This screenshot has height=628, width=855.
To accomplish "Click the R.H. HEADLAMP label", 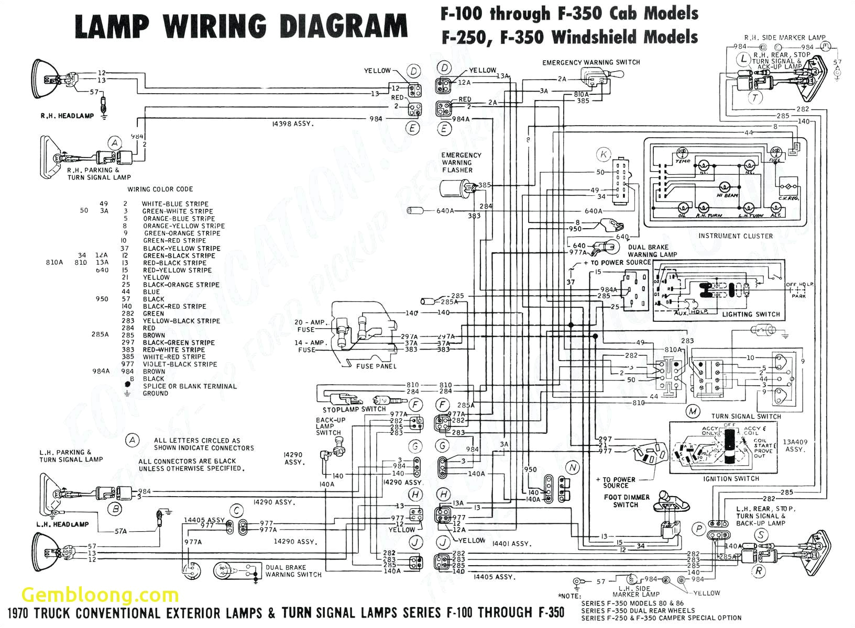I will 67,116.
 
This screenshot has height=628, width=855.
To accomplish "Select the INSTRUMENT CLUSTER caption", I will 735,236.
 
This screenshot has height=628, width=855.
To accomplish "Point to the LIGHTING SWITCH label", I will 751,315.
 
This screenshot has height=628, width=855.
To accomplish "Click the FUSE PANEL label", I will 376,366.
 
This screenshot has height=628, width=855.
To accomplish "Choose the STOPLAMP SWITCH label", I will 354,409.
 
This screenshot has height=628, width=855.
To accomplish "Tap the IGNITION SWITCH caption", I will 731,479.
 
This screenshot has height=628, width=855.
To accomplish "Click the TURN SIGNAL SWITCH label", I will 746,417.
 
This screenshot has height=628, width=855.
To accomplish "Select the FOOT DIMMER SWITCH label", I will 626,501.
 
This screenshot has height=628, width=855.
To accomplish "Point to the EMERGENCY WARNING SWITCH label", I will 591,62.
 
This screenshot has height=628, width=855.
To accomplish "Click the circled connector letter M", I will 693,411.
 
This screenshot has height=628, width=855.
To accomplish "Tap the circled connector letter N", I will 573,467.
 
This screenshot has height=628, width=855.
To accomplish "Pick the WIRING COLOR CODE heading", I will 160,189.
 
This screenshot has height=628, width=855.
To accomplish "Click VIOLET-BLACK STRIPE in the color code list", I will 180,364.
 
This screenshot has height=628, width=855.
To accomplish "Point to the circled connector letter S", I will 760,535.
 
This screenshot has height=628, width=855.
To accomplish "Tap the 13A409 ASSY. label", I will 795,445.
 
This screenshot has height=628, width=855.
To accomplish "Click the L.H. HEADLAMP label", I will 62,524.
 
